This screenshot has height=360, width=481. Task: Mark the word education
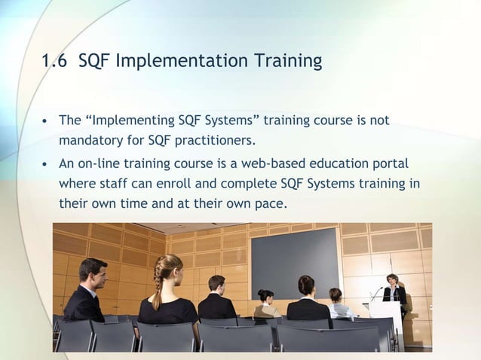point(336,164)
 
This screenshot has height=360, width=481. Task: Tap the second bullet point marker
point(46,165)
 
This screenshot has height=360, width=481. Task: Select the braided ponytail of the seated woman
point(159,286)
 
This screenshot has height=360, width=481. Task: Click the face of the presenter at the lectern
point(392,279)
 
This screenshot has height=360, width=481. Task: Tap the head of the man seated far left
point(93,271)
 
